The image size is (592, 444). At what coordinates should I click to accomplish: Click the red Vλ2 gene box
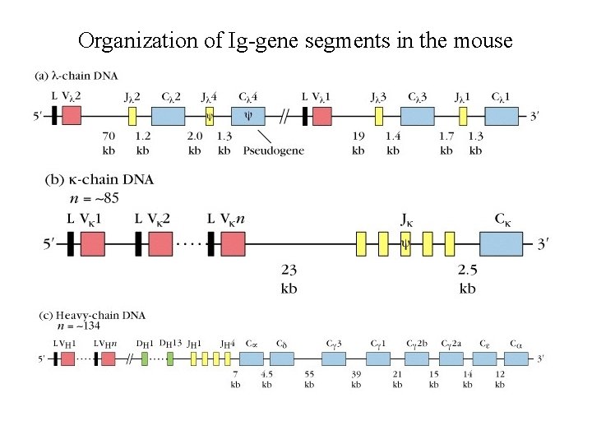[x=72, y=116]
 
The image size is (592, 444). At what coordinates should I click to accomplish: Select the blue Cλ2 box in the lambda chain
[x=169, y=116]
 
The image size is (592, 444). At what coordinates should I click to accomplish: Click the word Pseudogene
[x=274, y=150]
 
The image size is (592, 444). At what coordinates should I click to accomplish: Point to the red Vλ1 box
[x=321, y=116]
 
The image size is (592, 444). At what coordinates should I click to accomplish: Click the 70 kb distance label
[x=109, y=143]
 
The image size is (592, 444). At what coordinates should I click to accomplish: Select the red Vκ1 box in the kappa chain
[x=93, y=244]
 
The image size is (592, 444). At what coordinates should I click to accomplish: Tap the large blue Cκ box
[x=504, y=244]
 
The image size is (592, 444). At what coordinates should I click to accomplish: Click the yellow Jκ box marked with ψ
[x=405, y=244]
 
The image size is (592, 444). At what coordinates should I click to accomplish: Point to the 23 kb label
[x=289, y=279]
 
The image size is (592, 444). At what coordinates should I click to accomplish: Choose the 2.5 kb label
[x=467, y=279]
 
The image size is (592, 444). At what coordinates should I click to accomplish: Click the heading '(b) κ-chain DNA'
[x=99, y=179]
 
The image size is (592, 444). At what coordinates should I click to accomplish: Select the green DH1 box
[x=145, y=358]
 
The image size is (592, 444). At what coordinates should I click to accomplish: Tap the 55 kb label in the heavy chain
[x=309, y=380]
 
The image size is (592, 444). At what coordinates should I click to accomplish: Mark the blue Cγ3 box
[x=333, y=358]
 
